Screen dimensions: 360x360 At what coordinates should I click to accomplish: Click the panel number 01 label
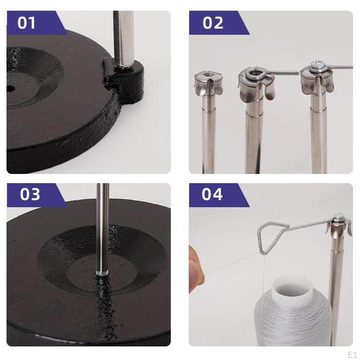coord(27,23)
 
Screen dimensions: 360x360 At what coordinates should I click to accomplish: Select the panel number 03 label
coord(30,194)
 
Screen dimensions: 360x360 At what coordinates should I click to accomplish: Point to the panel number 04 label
coord(212,194)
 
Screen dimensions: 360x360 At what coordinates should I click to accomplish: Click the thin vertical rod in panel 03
coord(103,225)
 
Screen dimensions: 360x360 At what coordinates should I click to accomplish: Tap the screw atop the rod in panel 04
coord(339,217)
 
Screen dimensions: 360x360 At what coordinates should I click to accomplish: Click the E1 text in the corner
coord(352,354)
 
